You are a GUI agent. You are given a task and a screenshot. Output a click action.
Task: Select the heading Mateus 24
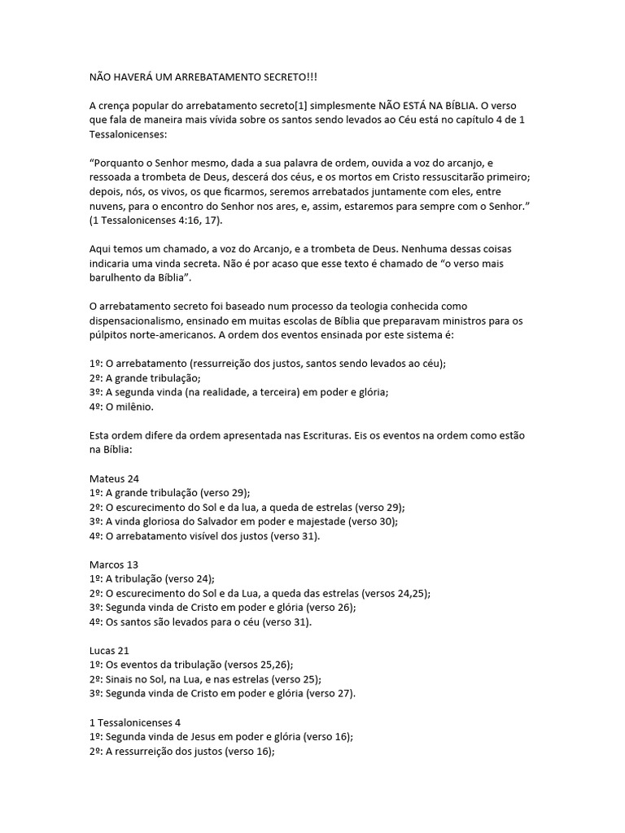pos(114,479)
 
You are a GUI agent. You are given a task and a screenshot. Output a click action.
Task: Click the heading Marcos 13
pos(114,565)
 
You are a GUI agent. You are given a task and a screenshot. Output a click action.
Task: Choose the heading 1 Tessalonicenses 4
pos(134,722)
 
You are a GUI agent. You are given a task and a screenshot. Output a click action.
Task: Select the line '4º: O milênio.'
pos(120,407)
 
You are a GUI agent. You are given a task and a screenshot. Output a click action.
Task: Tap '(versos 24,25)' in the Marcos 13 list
pos(396,593)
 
